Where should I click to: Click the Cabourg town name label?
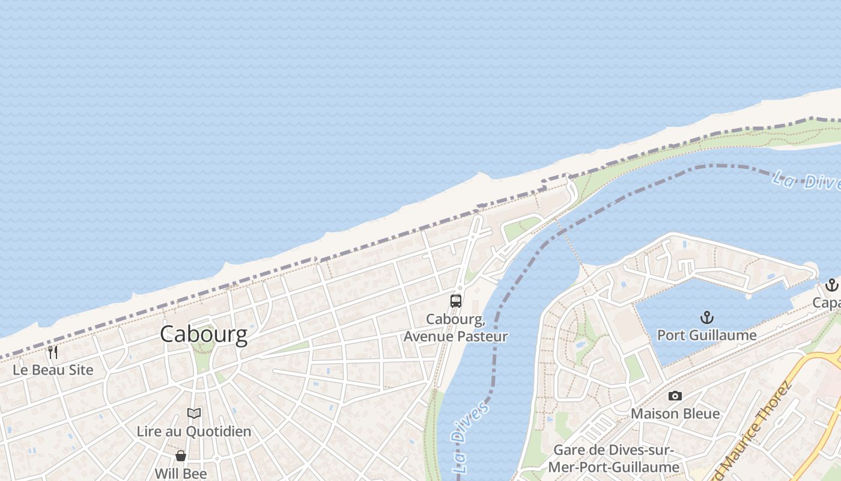tap(203, 334)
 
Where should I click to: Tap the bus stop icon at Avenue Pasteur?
tap(456, 301)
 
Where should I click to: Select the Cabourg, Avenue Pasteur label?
tap(455, 328)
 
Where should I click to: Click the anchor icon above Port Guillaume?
tap(706, 317)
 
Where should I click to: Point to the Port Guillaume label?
tap(706, 335)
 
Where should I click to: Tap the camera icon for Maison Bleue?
tap(675, 396)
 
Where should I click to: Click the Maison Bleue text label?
tap(675, 414)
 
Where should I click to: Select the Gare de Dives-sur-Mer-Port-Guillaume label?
tap(613, 458)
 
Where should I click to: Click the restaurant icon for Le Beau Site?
tap(53, 352)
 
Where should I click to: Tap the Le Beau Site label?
tap(53, 370)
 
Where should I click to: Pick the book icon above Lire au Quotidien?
tap(193, 413)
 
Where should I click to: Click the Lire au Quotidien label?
tap(193, 431)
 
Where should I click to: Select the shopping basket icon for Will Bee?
tap(180, 456)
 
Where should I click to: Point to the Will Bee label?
tap(180, 473)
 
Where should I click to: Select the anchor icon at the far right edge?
tap(831, 284)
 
